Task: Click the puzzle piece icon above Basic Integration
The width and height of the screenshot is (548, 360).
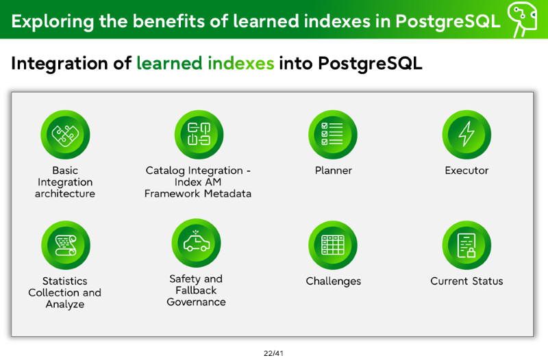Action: pos(65,135)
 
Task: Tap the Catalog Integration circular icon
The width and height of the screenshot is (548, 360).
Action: pos(199,135)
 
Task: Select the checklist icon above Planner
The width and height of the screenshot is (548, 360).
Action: pos(333,135)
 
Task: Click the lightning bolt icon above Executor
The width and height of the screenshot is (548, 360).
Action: pos(466,135)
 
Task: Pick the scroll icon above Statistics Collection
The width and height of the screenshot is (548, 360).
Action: pos(66,245)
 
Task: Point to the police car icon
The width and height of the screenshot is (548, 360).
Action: pos(197,243)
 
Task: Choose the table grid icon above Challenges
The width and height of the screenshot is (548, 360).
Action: pos(333,245)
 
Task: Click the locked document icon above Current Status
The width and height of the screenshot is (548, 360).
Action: pos(466,245)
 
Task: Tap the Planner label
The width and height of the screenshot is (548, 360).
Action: pos(334,170)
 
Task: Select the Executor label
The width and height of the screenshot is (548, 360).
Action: pos(466,170)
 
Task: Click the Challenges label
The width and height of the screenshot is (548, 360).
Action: pos(334,281)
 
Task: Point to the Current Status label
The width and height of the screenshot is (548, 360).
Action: pos(466,281)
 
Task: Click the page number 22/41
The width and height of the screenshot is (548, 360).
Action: pos(273,353)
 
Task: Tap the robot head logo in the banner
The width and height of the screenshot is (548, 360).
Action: pos(523,18)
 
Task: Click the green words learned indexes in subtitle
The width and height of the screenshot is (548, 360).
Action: pos(205,64)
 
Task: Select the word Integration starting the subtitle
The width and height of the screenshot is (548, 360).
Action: pos(59,64)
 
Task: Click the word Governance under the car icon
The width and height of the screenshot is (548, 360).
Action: pos(196,302)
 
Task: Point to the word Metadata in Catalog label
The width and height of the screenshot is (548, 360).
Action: pos(228,194)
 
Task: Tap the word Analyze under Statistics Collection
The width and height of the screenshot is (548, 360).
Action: pos(65,305)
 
